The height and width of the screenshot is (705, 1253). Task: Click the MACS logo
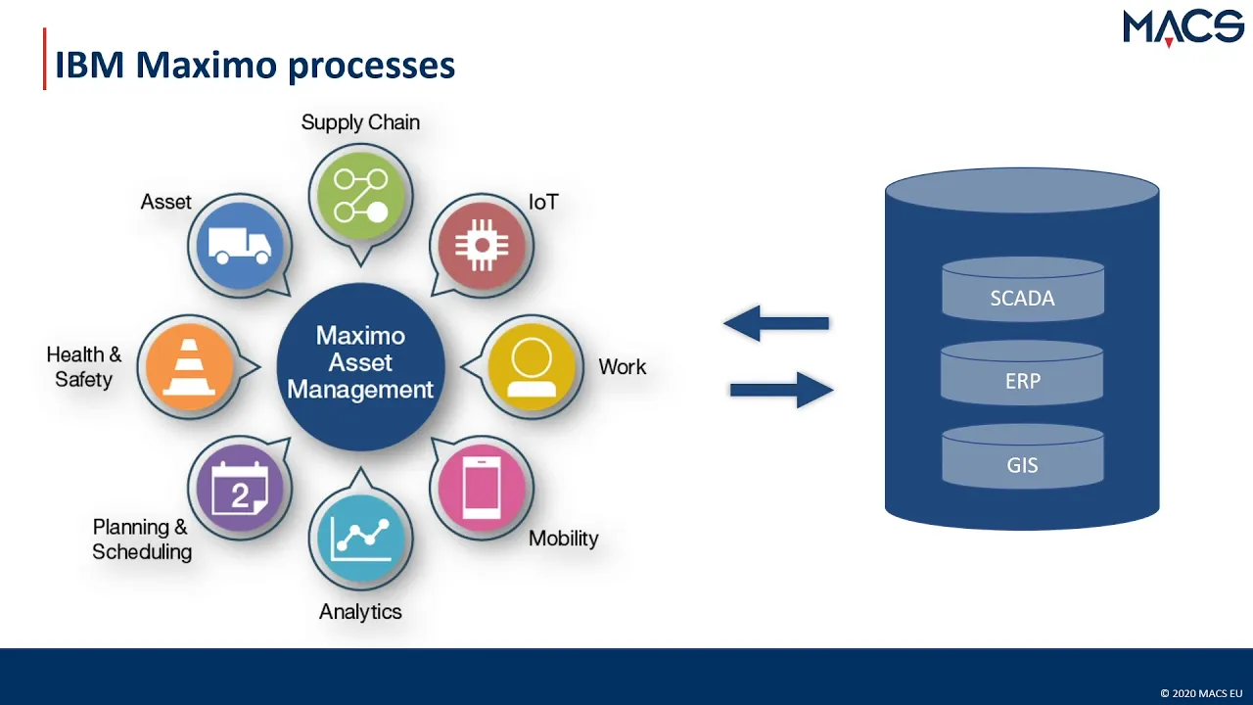[x=1183, y=28]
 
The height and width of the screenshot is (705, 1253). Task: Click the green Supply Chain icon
[x=361, y=196]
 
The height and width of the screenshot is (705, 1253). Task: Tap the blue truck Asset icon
[x=240, y=246]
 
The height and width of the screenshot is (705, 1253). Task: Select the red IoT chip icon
[x=482, y=246]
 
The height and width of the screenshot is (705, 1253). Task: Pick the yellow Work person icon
[x=532, y=366]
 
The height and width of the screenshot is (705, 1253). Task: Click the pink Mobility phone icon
[x=482, y=488]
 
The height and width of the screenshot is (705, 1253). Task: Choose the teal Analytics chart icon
[x=361, y=538]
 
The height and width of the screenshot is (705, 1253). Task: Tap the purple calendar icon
[x=240, y=488]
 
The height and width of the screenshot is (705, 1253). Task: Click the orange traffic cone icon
[x=190, y=366]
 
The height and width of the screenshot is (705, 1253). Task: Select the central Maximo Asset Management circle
[x=361, y=366]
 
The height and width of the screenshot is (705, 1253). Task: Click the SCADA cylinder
[x=1023, y=289]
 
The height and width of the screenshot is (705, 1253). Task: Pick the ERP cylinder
[x=1022, y=373]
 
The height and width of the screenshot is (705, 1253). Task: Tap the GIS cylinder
[x=1023, y=456]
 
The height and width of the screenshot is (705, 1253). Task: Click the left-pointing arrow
[x=776, y=323]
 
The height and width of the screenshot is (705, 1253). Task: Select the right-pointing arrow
[x=782, y=390]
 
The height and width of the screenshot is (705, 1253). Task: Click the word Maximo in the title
[x=207, y=65]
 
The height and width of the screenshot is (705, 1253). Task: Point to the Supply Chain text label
[x=360, y=122]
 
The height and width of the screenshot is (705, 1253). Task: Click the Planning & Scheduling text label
[x=142, y=540]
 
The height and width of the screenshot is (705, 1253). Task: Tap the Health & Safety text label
[x=84, y=367]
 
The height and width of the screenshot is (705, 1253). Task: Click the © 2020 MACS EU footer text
[x=1201, y=693]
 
